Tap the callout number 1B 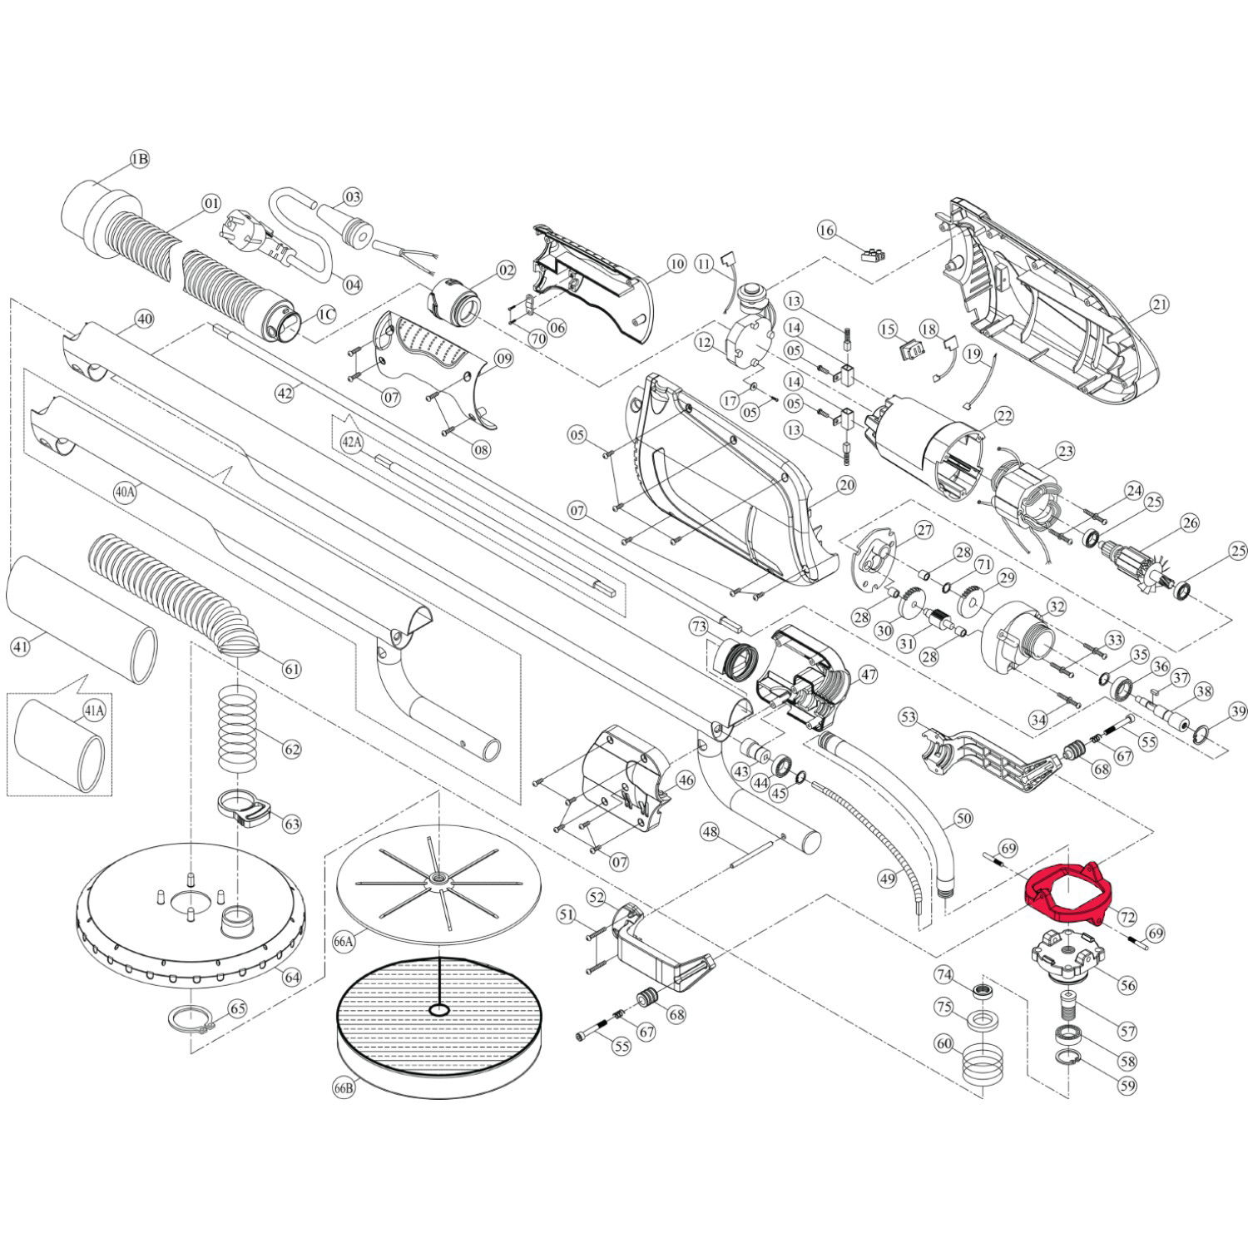[140, 159]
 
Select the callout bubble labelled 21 [1160, 305]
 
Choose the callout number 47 [868, 675]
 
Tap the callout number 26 [1190, 523]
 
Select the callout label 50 [963, 819]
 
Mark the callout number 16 [825, 229]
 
